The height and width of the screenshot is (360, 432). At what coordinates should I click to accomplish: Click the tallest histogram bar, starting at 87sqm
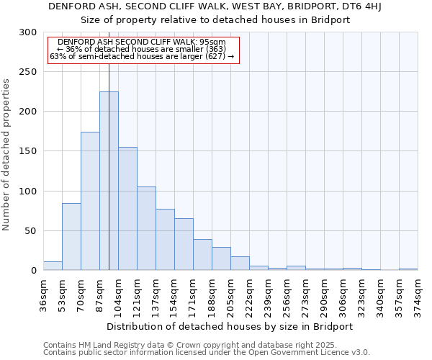[x=109, y=181]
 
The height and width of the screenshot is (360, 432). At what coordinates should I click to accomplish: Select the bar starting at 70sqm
[x=90, y=201]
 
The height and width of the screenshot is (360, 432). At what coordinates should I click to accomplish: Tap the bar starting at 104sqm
[x=127, y=209]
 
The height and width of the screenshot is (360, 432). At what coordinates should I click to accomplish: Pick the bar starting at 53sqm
[x=71, y=237]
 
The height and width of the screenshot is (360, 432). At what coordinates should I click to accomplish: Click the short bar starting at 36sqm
[x=53, y=266]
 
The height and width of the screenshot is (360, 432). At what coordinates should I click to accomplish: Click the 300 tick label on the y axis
[x=28, y=32]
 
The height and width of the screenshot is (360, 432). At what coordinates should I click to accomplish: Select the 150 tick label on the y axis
[x=28, y=151]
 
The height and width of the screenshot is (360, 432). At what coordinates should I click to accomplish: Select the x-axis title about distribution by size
[x=230, y=326]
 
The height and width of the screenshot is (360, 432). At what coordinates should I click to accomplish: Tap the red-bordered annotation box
[x=143, y=50]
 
